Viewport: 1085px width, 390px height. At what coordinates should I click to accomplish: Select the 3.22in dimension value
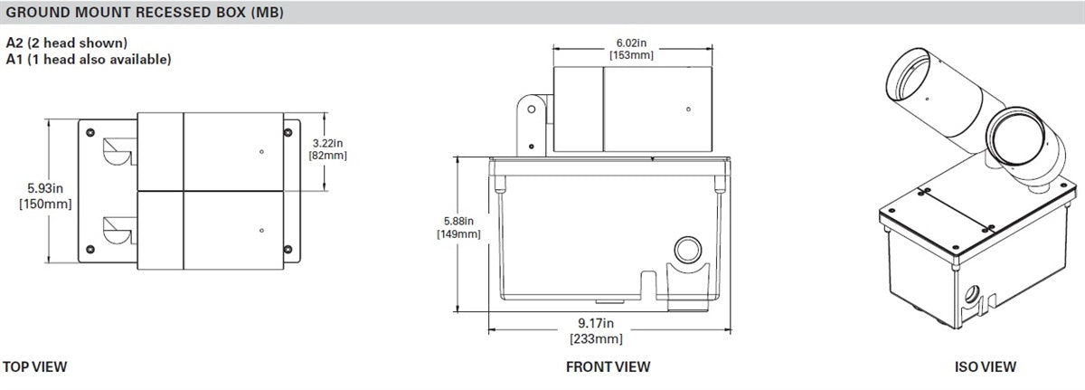pyautogui.click(x=328, y=143)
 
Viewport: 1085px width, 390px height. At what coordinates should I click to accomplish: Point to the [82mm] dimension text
pyautogui.click(x=328, y=156)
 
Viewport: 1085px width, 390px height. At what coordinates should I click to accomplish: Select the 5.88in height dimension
pyautogui.click(x=458, y=220)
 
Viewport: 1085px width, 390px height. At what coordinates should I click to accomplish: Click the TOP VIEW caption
pyautogui.click(x=35, y=366)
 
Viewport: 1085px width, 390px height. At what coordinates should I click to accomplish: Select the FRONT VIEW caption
pyautogui.click(x=608, y=366)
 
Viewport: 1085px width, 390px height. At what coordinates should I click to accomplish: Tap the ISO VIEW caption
pyautogui.click(x=986, y=366)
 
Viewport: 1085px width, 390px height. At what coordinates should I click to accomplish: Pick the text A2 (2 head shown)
pyautogui.click(x=66, y=43)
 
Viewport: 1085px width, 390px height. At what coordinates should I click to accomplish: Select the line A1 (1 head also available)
pyautogui.click(x=89, y=59)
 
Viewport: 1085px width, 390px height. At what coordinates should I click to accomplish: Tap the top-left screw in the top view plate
pyautogui.click(x=90, y=132)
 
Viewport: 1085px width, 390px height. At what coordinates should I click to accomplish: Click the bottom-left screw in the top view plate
pyautogui.click(x=90, y=248)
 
